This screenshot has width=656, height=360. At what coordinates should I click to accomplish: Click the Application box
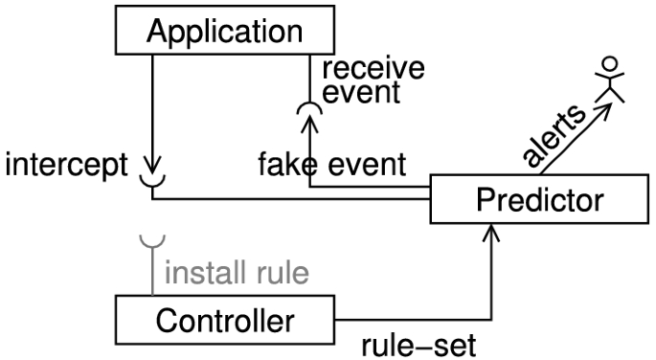pyautogui.click(x=223, y=31)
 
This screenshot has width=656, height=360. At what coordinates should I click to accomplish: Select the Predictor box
pyautogui.click(x=541, y=200)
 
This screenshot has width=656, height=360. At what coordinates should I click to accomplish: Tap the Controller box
pyautogui.click(x=225, y=320)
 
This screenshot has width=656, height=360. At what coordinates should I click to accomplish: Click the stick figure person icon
pyautogui.click(x=608, y=81)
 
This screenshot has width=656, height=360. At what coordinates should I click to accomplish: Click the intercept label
pyautogui.click(x=64, y=165)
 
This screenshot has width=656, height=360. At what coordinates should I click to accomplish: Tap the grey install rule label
pyautogui.click(x=238, y=274)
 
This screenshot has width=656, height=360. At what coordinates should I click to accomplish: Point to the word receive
pyautogui.click(x=372, y=70)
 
